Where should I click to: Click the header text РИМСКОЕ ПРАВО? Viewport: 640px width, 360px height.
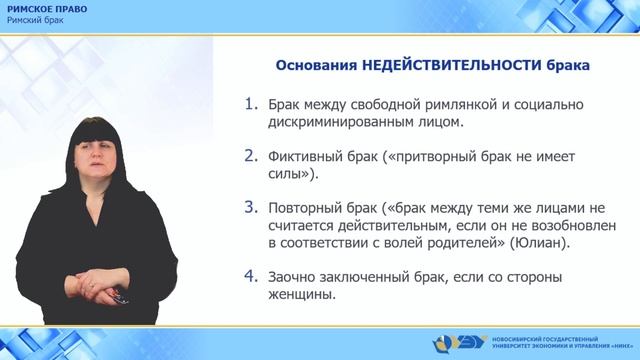[46, 9]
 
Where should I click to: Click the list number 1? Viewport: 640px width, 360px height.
[251, 103]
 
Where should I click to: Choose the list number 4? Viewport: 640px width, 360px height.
[251, 276]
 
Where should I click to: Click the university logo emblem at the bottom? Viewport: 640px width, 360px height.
[462, 343]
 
